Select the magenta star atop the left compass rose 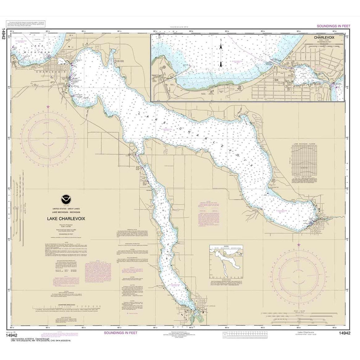click(48, 107)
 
